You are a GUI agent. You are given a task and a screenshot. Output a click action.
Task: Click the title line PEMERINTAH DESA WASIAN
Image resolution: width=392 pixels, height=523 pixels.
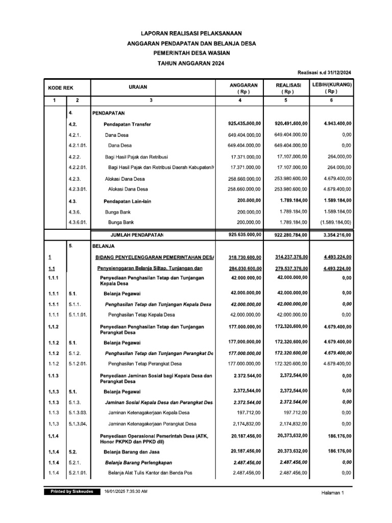(191, 53)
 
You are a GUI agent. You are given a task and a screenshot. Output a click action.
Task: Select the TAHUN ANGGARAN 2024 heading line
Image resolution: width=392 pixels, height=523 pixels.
(191, 63)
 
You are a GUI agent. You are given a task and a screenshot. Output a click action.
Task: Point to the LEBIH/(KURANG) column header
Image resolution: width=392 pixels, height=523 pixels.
(332, 88)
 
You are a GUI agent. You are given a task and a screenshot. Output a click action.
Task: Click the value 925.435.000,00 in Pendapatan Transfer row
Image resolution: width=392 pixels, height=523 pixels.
(244, 124)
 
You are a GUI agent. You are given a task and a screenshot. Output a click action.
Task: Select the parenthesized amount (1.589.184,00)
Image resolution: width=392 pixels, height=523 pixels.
(333, 223)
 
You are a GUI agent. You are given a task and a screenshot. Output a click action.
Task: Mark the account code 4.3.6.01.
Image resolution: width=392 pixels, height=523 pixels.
(78, 223)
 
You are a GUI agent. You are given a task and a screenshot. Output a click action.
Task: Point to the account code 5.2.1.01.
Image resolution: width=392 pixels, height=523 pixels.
(78, 473)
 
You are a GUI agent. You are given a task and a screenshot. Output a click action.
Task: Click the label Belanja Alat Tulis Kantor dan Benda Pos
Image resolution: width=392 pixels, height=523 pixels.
(150, 473)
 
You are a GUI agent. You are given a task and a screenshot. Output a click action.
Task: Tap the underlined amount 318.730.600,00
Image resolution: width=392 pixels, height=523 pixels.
(244, 257)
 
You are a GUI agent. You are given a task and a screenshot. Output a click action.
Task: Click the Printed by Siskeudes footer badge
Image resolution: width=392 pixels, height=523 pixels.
(71, 491)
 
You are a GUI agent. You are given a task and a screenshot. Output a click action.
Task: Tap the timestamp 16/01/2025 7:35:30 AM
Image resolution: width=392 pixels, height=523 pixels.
(126, 491)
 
